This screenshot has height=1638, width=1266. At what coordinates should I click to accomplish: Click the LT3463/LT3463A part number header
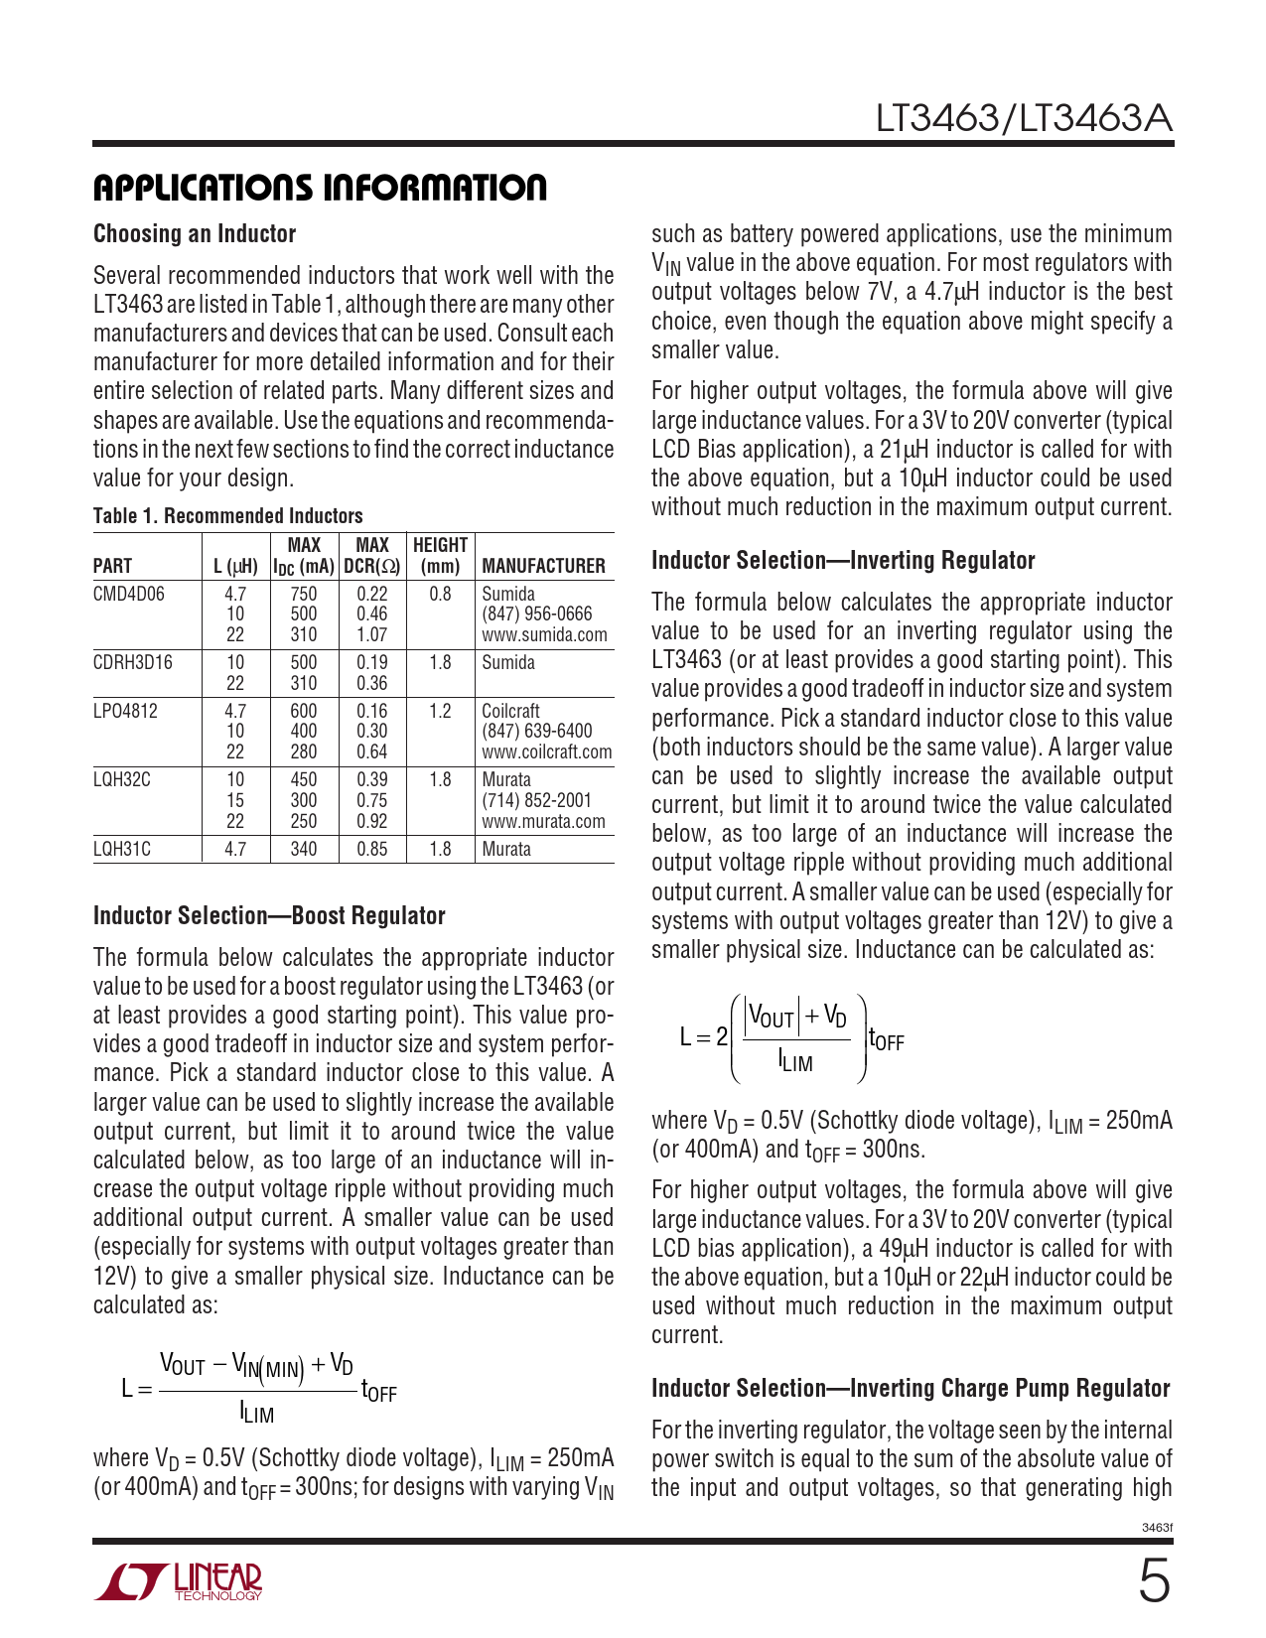[x=1023, y=119]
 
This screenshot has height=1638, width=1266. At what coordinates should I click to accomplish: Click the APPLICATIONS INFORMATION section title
[x=320, y=188]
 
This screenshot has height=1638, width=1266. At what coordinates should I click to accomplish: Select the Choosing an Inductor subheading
[x=195, y=234]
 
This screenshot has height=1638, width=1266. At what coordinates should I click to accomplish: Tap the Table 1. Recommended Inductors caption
[x=227, y=516]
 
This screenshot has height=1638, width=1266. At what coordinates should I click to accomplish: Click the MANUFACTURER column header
[x=543, y=566]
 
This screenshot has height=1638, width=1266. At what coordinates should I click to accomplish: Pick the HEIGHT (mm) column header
[x=440, y=556]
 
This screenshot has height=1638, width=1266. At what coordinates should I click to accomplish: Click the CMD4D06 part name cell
[x=129, y=594]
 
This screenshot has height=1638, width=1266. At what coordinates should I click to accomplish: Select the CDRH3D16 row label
[x=132, y=662]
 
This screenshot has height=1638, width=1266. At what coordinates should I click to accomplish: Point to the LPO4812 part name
[x=126, y=711]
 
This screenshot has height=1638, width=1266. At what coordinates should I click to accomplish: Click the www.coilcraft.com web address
[x=547, y=752]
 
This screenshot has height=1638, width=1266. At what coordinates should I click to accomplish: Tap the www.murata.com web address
[x=543, y=822]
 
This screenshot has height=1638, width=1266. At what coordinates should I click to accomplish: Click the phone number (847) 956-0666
[x=536, y=614]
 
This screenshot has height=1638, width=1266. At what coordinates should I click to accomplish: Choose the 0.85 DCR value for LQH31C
[x=372, y=850]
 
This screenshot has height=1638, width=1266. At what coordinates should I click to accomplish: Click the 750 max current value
[x=304, y=594]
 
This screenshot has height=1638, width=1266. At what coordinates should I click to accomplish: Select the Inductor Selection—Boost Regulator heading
[x=269, y=916]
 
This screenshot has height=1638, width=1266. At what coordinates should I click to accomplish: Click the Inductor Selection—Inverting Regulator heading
[x=843, y=561]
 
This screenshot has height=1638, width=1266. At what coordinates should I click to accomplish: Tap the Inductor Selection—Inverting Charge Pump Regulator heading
[x=911, y=1389]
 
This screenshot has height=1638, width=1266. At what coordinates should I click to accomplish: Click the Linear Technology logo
[x=180, y=1582]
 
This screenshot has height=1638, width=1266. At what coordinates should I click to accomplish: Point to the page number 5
[x=1153, y=1582]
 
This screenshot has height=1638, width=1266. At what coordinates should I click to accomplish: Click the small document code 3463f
[x=1157, y=1528]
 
